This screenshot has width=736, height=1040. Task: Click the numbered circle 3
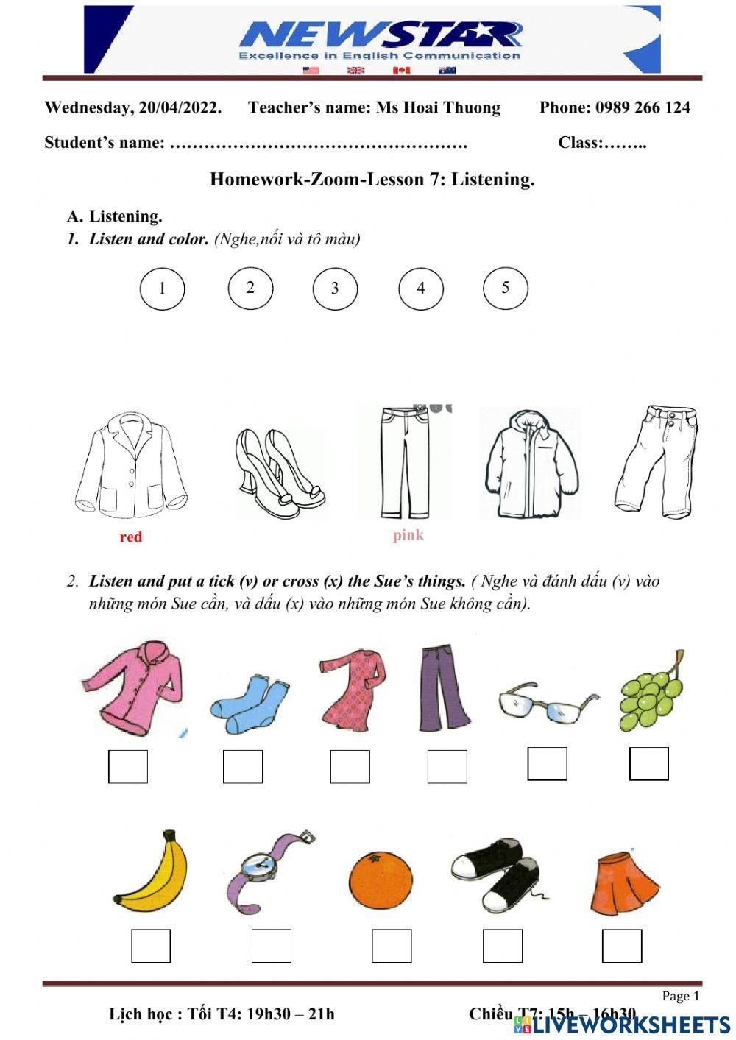click(x=335, y=288)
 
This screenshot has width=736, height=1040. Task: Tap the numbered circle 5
click(x=506, y=288)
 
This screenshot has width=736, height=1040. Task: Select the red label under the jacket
click(x=131, y=537)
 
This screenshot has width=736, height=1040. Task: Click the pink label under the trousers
click(x=408, y=535)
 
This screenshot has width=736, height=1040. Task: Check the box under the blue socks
click(x=243, y=767)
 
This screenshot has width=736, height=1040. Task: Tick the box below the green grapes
click(x=649, y=763)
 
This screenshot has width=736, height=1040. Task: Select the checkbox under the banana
click(x=151, y=946)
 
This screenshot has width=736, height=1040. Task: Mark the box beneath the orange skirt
click(x=622, y=946)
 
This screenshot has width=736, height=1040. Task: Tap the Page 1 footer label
click(x=681, y=996)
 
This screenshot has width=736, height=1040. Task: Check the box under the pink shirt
click(x=128, y=767)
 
